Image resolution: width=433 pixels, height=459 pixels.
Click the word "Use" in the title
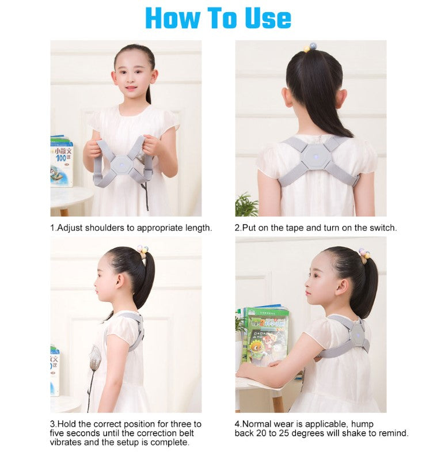pos(268,18)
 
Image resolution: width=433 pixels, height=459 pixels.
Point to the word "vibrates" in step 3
pos(66,442)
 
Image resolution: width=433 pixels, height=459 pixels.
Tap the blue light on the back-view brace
pos(316,156)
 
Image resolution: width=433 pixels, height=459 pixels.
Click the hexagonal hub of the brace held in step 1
pos(122,165)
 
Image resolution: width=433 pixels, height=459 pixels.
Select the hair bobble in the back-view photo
pos(310,47)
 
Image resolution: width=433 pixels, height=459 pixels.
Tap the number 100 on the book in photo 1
pos(61,158)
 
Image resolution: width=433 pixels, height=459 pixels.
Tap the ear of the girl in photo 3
pos(119,283)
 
